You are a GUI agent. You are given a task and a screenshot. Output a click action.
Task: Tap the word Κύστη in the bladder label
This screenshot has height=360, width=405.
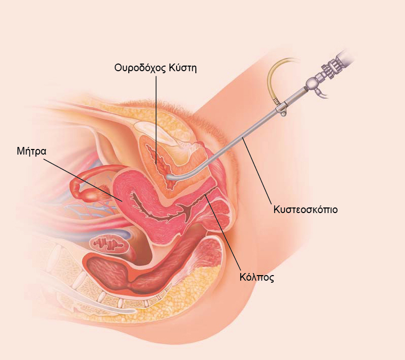pyautogui.click(x=182, y=68)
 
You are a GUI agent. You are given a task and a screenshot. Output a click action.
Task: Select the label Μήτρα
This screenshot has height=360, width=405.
pyautogui.click(x=32, y=151)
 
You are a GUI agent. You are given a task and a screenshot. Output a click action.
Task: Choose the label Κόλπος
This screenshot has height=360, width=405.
pyautogui.click(x=256, y=278)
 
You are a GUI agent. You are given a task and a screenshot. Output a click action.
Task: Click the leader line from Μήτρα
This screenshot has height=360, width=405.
pyautogui.click(x=81, y=177)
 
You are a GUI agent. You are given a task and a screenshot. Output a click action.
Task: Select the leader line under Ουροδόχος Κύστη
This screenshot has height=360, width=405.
pyautogui.click(x=156, y=112)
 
